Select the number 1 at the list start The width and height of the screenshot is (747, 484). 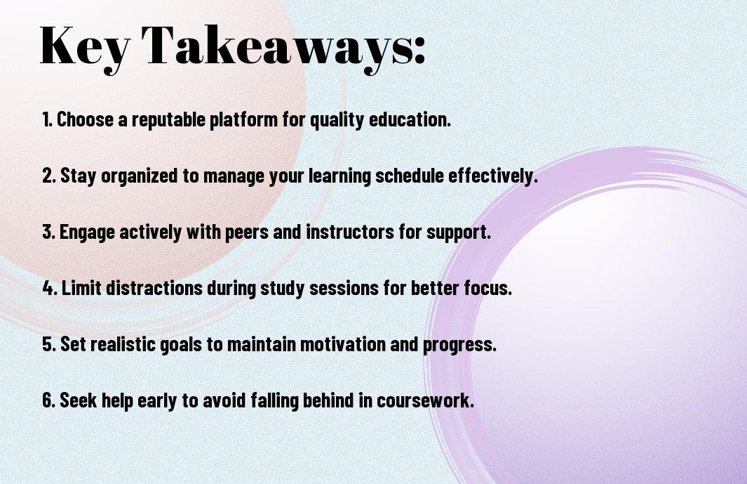(x=47, y=119)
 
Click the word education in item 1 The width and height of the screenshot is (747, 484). (x=410, y=119)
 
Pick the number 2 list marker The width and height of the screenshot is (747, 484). (x=49, y=175)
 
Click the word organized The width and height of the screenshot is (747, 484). (x=140, y=176)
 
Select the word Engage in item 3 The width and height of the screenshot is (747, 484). (x=87, y=233)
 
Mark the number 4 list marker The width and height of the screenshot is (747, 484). (x=50, y=288)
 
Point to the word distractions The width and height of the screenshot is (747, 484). (x=154, y=288)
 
